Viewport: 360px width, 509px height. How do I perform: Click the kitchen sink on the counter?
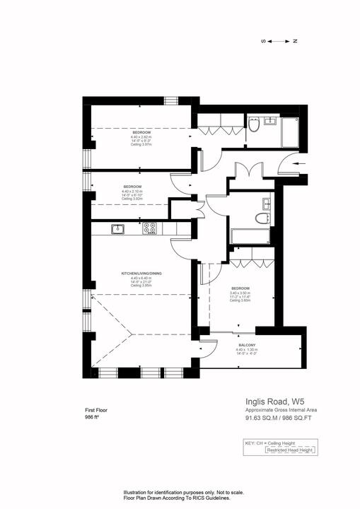[117, 228]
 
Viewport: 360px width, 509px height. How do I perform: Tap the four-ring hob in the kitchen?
[149, 228]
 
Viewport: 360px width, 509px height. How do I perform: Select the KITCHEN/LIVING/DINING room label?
[137, 273]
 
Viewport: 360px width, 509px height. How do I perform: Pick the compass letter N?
[295, 41]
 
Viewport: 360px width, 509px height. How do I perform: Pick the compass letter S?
[264, 41]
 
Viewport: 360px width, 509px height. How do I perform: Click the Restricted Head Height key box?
[272, 450]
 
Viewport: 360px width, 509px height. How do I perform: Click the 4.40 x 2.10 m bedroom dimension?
[132, 191]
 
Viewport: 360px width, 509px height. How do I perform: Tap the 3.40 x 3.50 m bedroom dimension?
[242, 293]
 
